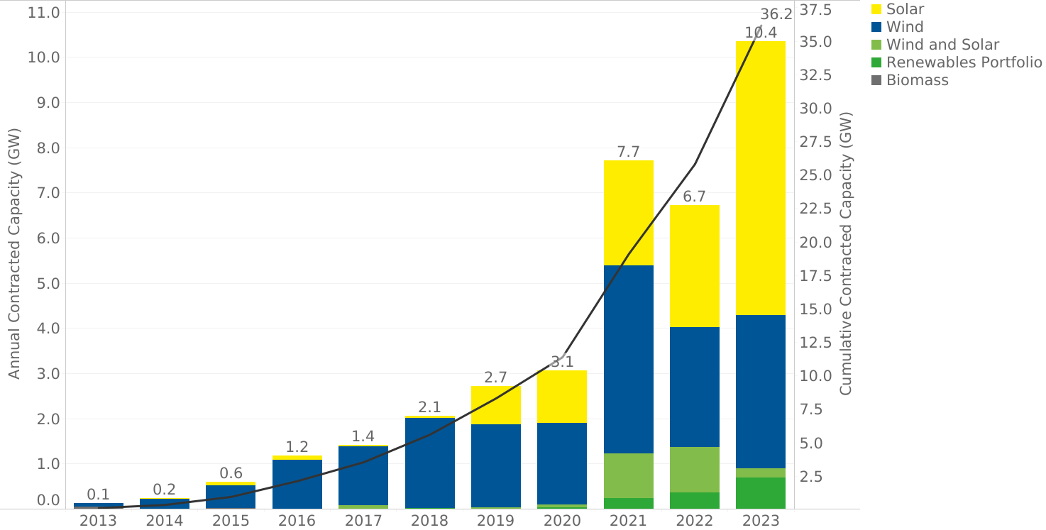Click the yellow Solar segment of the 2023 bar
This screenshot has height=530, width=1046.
tap(760, 178)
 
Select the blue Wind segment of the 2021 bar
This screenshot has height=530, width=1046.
tap(629, 359)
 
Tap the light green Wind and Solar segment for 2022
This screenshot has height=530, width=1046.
tap(694, 469)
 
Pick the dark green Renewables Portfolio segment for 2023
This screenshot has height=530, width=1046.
tap(760, 493)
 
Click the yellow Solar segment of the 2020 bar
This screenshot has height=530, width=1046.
tap(562, 397)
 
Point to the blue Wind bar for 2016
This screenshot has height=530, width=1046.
tap(297, 485)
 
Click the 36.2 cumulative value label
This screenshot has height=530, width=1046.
tap(776, 14)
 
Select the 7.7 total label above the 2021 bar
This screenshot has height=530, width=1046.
tap(628, 152)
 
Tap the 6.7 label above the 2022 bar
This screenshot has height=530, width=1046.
tap(694, 197)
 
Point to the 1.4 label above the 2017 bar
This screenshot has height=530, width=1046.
tap(363, 436)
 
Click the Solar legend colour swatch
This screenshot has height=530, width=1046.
tap(876, 9)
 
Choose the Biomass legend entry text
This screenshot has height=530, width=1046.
tap(917, 80)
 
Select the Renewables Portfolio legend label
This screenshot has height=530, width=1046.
tap(964, 62)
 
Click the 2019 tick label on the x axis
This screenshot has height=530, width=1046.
tap(495, 520)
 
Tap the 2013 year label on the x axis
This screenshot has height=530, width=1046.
tap(98, 520)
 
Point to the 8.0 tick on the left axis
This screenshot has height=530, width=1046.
tap(48, 148)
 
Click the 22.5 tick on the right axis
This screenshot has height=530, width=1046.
tap(816, 209)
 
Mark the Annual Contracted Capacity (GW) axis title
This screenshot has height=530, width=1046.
tap(14, 253)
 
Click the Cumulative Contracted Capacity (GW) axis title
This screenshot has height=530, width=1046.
tap(846, 253)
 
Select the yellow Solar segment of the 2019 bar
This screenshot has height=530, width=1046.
tap(496, 405)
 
